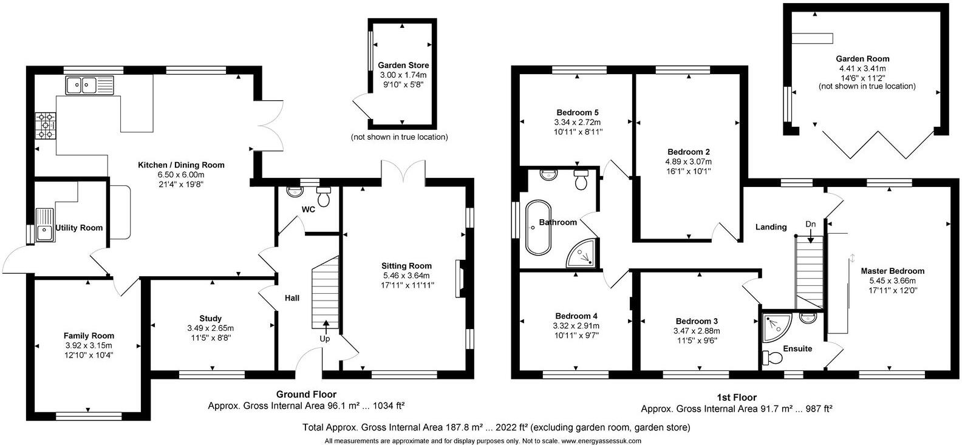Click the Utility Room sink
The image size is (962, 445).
pyautogui.click(x=44, y=225)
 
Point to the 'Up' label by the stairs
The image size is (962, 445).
pyautogui.click(x=325, y=338)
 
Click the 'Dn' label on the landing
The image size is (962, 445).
pyautogui.click(x=810, y=224)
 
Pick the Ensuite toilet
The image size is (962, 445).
pyautogui.click(x=773, y=358)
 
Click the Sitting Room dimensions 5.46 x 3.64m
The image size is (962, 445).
pyautogui.click(x=406, y=275)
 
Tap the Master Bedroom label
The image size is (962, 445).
pyautogui.click(x=892, y=271)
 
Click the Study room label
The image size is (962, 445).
pyautogui.click(x=210, y=318)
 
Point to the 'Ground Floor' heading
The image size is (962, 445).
pyautogui.click(x=306, y=395)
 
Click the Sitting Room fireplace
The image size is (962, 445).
pyautogui.click(x=460, y=279)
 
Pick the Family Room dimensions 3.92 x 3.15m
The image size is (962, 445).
pyautogui.click(x=89, y=345)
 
